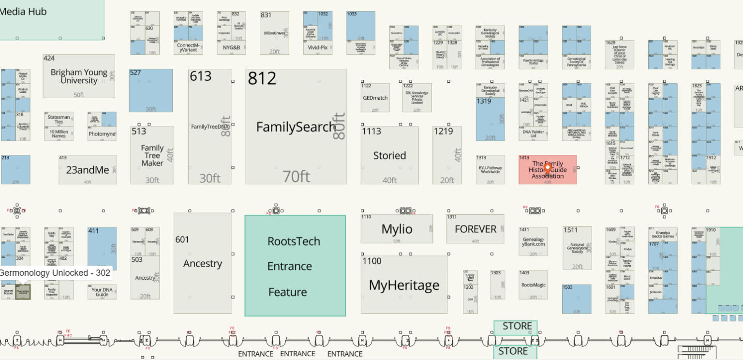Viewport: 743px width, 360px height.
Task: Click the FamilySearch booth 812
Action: pyautogui.click(x=296, y=127)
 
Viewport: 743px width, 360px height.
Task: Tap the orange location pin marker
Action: pyautogui.click(x=548, y=168)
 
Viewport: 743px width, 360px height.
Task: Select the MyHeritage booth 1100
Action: pyautogui.click(x=404, y=285)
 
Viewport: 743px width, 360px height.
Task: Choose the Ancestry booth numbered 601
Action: pyautogui.click(x=202, y=264)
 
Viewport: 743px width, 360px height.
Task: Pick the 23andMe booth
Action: pyautogui.click(x=87, y=169)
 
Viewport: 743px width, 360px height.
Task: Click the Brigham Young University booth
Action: pyautogui.click(x=79, y=76)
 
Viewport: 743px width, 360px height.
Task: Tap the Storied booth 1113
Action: pyautogui.click(x=389, y=155)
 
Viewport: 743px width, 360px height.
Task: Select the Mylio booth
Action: pyautogui.click(x=397, y=229)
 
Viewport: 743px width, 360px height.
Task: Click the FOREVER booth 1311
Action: pyautogui.click(x=475, y=229)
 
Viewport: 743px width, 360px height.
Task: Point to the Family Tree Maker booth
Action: pyautogui.click(x=152, y=155)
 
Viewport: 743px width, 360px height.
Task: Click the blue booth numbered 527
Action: pyautogui.click(x=150, y=90)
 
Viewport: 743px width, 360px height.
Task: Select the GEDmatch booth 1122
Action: pyautogui.click(x=375, y=97)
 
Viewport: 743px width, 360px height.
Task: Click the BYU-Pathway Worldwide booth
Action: pyautogui.click(x=490, y=169)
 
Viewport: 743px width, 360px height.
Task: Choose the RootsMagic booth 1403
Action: pyautogui.click(x=533, y=285)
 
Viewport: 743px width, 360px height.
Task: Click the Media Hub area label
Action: pyautogui.click(x=23, y=12)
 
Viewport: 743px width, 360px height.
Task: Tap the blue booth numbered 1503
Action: pyautogui.click(x=577, y=299)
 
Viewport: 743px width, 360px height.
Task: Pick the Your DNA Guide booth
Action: pyautogui.click(x=102, y=292)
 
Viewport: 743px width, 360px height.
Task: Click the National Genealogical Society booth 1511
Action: pyautogui.click(x=577, y=247)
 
